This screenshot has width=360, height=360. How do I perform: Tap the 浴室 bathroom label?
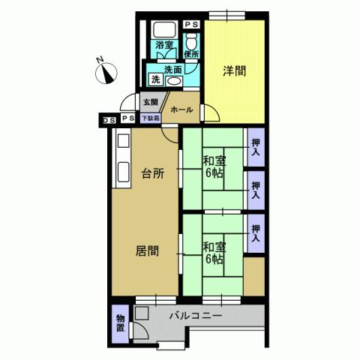(164, 46)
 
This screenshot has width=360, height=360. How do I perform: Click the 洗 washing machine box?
(156, 79)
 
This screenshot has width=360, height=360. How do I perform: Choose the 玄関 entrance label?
(150, 102)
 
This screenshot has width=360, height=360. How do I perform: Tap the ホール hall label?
(182, 109)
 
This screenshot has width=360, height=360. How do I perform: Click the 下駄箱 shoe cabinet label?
(150, 118)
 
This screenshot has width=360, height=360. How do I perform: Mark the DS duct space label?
(109, 118)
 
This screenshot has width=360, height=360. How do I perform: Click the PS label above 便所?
(191, 24)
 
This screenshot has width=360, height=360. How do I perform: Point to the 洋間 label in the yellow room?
(233, 72)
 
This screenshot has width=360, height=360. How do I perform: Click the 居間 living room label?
(147, 251)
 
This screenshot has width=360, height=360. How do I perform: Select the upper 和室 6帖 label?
(214, 166)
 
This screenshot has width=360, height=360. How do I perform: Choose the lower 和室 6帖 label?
(214, 252)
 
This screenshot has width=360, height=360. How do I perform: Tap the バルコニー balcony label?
(195, 316)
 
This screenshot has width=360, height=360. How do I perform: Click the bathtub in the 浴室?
(163, 32)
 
